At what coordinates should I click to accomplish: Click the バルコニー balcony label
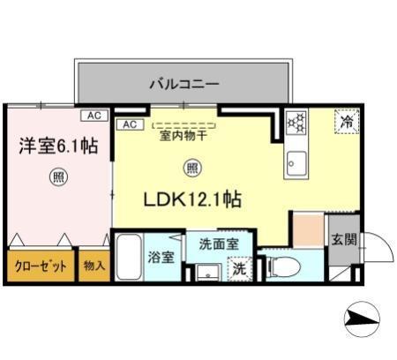184,85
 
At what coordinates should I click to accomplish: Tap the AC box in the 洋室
92,115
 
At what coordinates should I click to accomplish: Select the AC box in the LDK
128,124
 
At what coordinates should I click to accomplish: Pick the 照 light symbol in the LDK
191,168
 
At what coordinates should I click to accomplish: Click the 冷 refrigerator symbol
346,122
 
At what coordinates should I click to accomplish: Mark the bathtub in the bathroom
130,257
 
